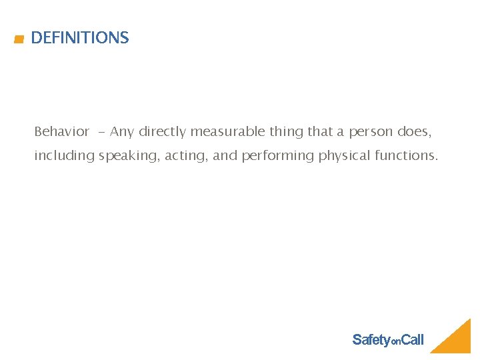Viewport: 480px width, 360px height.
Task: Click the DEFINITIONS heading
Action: pyautogui.click(x=79, y=38)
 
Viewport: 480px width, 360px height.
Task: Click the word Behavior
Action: pyautogui.click(x=61, y=131)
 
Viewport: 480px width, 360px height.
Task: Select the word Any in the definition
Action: pyautogui.click(x=122, y=131)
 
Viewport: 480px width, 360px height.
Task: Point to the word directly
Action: pyautogui.click(x=163, y=132)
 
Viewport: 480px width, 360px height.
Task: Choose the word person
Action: pyautogui.click(x=371, y=132)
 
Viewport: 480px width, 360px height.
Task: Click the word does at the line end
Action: pyautogui.click(x=414, y=131)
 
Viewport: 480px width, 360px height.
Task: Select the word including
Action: pyautogui.click(x=65, y=156)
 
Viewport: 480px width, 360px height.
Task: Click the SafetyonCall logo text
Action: pyautogui.click(x=387, y=340)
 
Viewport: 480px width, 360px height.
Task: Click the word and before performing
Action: pyautogui.click(x=225, y=155)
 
